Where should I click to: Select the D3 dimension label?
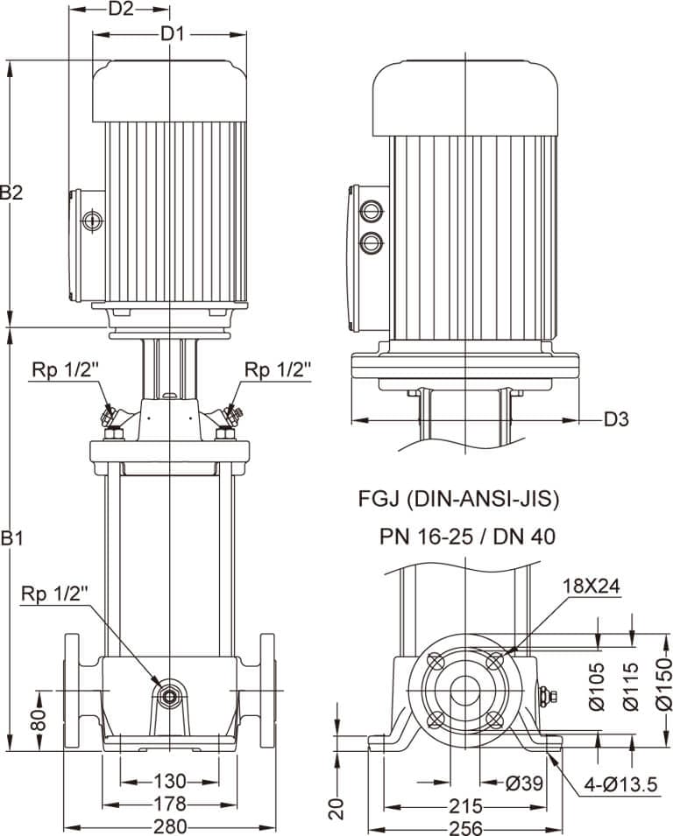[x=617, y=419]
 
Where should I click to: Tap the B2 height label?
[x=11, y=193]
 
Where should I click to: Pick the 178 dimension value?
[x=170, y=804]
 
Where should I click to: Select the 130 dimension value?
[x=170, y=781]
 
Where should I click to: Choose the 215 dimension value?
[x=465, y=804]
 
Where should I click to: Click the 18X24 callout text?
[x=592, y=587]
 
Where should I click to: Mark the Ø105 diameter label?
[x=597, y=685]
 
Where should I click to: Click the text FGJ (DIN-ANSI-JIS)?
[x=458, y=500]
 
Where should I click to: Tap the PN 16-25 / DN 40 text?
[x=467, y=536]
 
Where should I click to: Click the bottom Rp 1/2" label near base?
[x=56, y=594]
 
